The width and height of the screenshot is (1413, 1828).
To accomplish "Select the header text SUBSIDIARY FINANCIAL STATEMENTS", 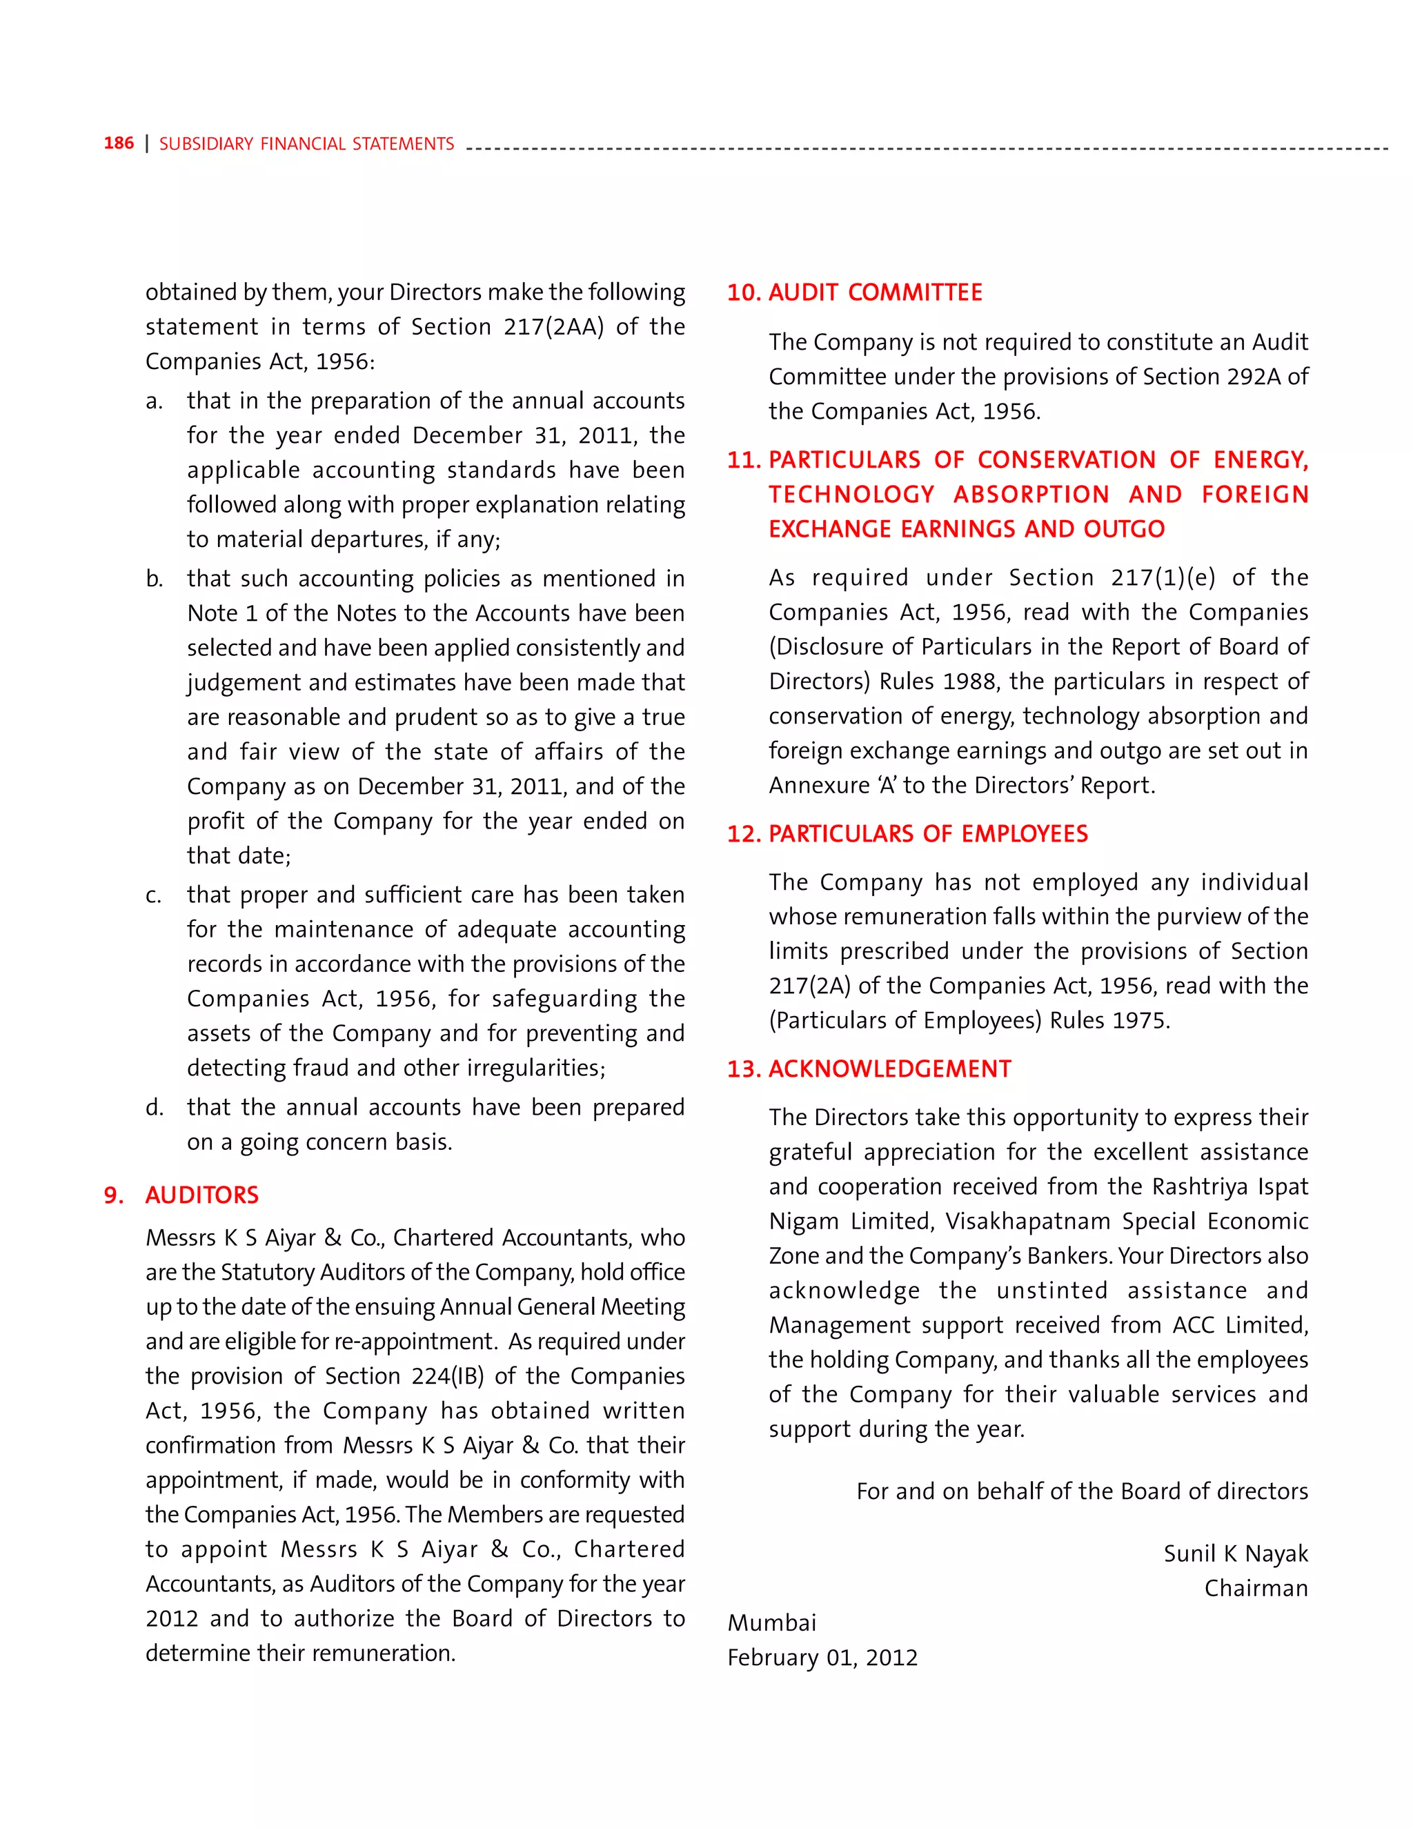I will [x=306, y=144].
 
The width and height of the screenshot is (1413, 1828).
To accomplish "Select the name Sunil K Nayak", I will [x=1235, y=1553].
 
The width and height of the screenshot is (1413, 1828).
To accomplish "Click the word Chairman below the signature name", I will [x=1256, y=1588].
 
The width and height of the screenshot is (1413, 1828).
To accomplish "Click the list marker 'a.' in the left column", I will [x=154, y=401].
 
